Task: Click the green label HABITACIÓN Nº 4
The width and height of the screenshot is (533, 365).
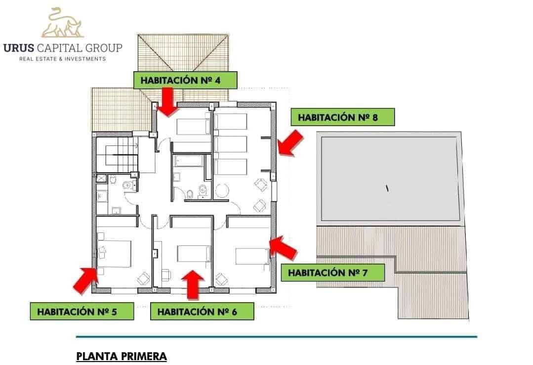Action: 185,80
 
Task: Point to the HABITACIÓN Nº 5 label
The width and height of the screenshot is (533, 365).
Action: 82,312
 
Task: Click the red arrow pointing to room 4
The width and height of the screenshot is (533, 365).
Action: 168,101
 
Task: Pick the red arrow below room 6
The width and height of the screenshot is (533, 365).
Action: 193,284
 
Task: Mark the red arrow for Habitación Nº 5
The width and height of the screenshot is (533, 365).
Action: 84,279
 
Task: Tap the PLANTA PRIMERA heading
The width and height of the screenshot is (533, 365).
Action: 122,356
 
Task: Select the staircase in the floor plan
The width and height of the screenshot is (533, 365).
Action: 117,154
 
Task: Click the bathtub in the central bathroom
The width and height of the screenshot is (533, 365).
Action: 189,161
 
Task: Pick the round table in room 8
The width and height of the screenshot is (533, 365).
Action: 222,190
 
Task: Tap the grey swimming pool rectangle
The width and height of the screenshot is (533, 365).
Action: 390,179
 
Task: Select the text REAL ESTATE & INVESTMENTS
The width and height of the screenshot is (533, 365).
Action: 62,59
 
